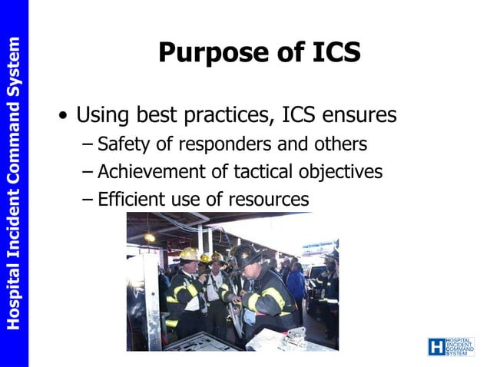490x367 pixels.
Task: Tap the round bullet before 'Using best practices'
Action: point(63,117)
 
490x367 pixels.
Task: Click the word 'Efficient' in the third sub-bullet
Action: point(128,200)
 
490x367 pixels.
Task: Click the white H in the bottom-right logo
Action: point(435,347)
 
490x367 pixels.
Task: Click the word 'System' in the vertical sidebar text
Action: point(14,64)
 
